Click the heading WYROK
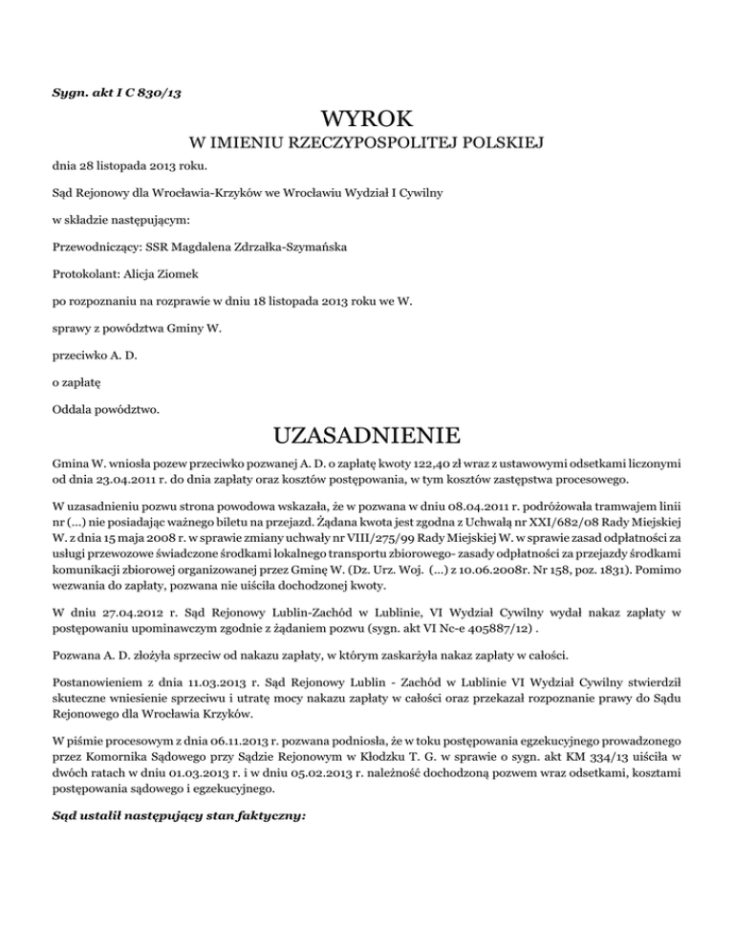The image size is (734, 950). pyautogui.click(x=367, y=120)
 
